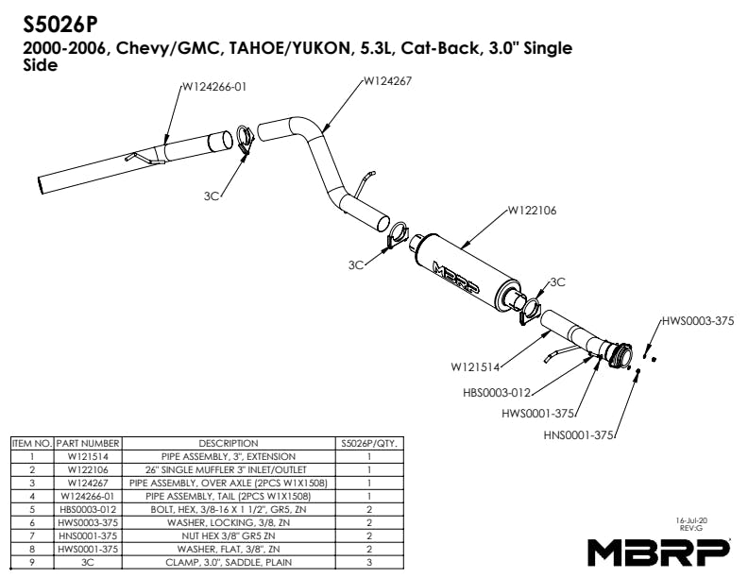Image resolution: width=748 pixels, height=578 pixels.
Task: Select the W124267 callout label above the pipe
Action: click(x=387, y=81)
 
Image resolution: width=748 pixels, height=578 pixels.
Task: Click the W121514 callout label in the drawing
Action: click(x=475, y=364)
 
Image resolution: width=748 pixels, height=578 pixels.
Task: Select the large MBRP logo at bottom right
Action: click(x=659, y=549)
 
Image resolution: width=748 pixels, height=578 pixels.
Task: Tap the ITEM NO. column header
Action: click(x=31, y=442)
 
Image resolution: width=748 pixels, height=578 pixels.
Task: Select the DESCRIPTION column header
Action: click(x=229, y=442)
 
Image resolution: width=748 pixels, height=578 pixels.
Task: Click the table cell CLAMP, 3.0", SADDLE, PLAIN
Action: click(x=229, y=562)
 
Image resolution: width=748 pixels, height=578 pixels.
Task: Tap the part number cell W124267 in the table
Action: click(x=87, y=483)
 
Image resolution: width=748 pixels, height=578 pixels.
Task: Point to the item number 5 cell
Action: click(x=31, y=509)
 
